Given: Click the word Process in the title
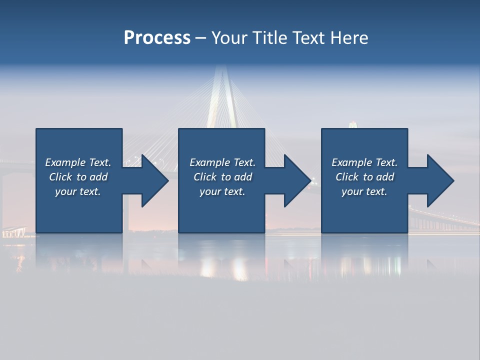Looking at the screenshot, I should [x=157, y=38].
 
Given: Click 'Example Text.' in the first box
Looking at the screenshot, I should [x=78, y=162].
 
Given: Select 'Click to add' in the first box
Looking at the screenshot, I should [x=78, y=177].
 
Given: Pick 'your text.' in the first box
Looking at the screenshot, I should [x=78, y=191].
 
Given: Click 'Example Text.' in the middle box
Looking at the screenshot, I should [x=222, y=162].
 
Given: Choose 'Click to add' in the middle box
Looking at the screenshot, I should [x=222, y=177].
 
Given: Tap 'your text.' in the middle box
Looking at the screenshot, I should [x=222, y=191].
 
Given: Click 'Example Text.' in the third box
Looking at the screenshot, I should [x=364, y=162].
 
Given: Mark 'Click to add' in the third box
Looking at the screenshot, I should [x=364, y=177].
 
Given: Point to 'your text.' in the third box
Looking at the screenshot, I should [x=364, y=191].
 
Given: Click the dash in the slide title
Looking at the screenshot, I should [x=201, y=38].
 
